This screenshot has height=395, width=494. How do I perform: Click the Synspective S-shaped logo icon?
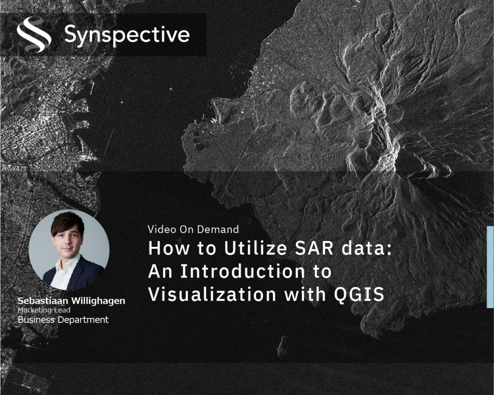[x=34, y=35]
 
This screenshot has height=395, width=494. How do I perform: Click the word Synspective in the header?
[x=127, y=35]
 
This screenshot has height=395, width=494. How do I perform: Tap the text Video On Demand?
[x=193, y=229]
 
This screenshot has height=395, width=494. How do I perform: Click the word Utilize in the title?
[x=256, y=248]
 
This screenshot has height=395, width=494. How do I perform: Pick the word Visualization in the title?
[x=212, y=294]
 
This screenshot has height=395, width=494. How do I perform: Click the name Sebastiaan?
[x=42, y=301]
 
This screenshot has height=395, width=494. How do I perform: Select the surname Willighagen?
[x=98, y=301]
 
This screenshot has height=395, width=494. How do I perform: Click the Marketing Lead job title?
[x=44, y=310]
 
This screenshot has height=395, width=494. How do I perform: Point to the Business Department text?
[x=63, y=320]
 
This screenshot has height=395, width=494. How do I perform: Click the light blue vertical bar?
[x=490, y=267]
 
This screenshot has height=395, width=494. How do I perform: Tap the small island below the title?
[x=283, y=345]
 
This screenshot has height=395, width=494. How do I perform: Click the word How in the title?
[x=169, y=248]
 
